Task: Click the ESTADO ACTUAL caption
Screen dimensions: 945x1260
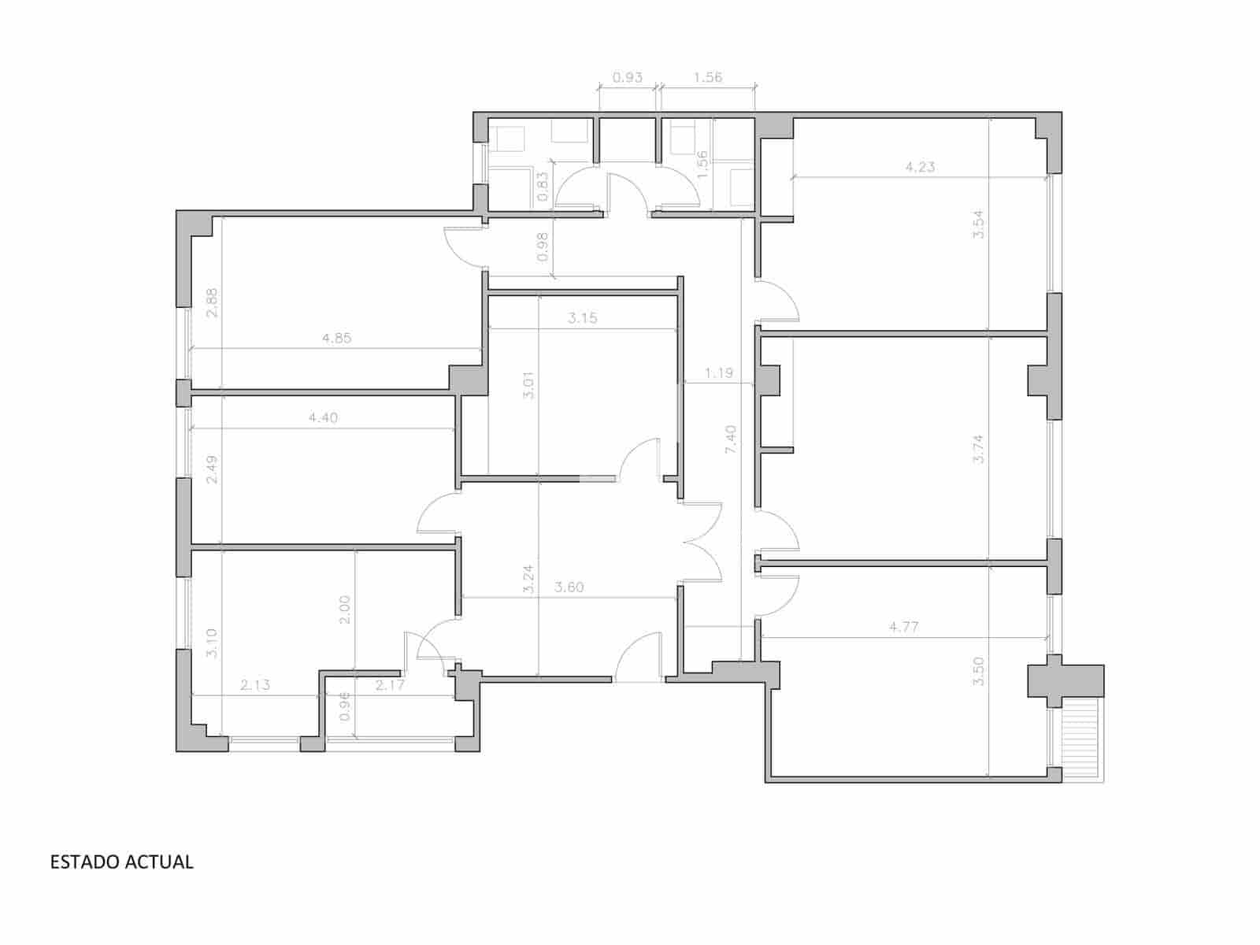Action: (121, 862)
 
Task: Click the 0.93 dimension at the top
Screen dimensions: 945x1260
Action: (628, 77)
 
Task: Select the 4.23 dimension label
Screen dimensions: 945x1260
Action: (920, 167)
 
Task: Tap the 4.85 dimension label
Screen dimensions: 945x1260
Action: (337, 339)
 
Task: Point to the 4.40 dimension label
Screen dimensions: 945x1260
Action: (323, 418)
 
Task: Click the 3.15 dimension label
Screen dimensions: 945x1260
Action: (583, 319)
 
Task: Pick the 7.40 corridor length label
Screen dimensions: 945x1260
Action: (731, 439)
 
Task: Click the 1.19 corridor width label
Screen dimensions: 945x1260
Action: (718, 373)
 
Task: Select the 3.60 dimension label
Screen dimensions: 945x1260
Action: (569, 587)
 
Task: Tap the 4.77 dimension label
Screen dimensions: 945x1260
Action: (903, 628)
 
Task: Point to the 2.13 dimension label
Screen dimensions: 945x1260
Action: (255, 685)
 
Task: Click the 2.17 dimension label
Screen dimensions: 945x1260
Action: (390, 685)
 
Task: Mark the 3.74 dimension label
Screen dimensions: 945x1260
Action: (979, 449)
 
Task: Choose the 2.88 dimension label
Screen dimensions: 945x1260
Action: (211, 303)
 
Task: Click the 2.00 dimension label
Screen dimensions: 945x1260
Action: (344, 609)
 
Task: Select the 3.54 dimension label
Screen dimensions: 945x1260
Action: (979, 224)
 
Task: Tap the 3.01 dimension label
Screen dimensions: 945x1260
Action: (529, 385)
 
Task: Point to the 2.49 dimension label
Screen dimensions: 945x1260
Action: (211, 469)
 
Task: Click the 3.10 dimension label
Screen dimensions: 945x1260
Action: (211, 643)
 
